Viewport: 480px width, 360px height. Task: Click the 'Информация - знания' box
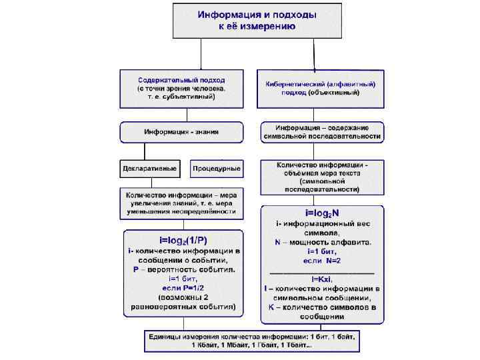181,132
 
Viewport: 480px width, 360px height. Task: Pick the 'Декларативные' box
149,169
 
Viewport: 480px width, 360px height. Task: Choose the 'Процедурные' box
217,169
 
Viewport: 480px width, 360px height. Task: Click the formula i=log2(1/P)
182,239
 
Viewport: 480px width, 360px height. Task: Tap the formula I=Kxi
321,278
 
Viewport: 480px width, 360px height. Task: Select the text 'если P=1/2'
181,286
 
